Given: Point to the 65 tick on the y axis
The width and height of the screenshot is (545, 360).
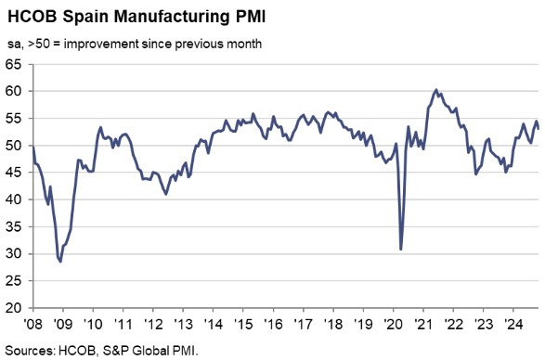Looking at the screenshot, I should click(x=16, y=64).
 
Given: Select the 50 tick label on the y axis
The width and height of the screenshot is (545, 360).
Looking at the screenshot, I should click(x=16, y=146).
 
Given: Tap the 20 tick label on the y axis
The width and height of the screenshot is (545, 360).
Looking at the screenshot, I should click(x=16, y=308).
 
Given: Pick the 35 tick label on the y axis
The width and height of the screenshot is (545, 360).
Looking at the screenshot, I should click(x=16, y=226).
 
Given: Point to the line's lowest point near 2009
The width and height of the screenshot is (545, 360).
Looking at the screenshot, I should click(x=61, y=261).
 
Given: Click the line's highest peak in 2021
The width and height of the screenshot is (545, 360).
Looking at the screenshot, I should click(x=436, y=90).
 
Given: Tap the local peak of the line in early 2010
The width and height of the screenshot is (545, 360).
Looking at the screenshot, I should click(x=100, y=127).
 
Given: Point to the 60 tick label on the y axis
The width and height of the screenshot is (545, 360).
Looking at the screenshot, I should click(x=16, y=91).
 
